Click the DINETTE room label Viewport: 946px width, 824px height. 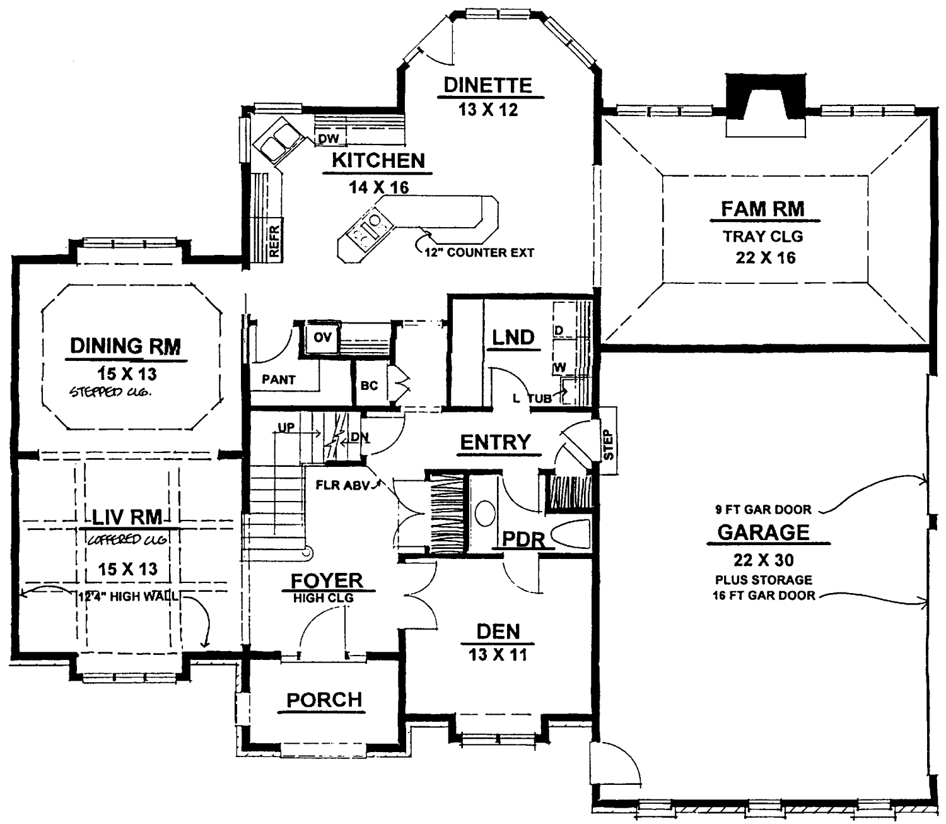(x=488, y=85)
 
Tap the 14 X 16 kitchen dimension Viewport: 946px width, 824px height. (x=378, y=187)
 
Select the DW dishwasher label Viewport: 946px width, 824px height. (x=329, y=138)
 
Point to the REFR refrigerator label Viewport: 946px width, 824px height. (x=274, y=241)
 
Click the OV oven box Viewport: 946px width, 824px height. (x=322, y=338)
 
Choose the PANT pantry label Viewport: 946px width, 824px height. (x=278, y=380)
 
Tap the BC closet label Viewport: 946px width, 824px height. (x=369, y=385)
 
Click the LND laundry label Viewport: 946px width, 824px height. (x=513, y=338)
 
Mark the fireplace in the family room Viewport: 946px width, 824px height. (x=766, y=105)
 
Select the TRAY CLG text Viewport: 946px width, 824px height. (x=763, y=237)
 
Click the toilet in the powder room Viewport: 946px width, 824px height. (x=570, y=534)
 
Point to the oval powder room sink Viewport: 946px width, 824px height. (x=485, y=514)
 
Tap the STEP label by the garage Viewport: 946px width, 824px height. (x=609, y=445)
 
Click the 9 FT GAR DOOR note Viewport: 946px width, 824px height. (x=763, y=510)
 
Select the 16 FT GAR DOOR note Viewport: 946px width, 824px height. (x=764, y=596)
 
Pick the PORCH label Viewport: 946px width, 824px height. (x=324, y=700)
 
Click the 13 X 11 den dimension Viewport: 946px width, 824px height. (x=498, y=655)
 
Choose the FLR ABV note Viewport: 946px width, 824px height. (x=343, y=485)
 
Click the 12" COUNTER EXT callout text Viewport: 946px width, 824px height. (x=479, y=252)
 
